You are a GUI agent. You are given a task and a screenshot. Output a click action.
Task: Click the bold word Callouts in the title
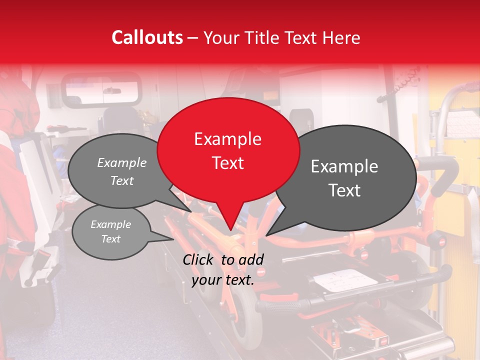147,37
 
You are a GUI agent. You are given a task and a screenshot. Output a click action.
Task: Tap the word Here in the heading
341,37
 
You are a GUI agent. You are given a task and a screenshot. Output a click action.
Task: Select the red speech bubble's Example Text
228,151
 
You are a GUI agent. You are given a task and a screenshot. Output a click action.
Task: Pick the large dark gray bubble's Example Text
344,178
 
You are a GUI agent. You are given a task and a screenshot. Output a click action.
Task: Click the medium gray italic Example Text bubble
122,171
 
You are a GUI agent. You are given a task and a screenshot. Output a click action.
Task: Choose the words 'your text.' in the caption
223,280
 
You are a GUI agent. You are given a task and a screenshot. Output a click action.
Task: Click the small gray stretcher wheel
244,310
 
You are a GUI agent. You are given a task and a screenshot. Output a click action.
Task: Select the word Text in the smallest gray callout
111,239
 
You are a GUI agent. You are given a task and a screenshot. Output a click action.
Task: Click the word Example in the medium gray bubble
122,163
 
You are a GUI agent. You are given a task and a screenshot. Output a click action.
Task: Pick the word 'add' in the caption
251,259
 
